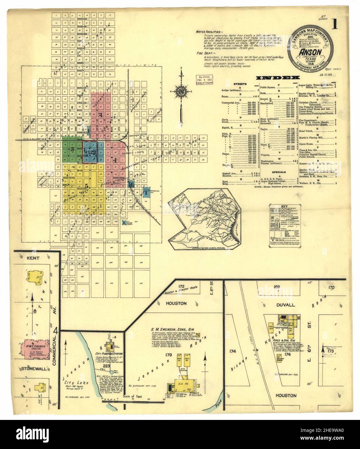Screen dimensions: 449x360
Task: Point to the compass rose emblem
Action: point(181,91)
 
